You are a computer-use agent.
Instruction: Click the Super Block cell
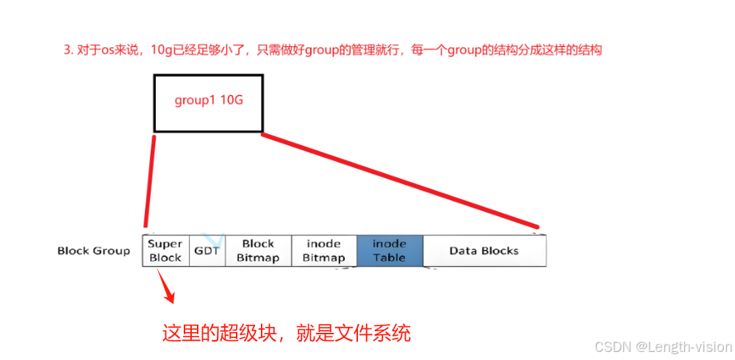click(x=165, y=251)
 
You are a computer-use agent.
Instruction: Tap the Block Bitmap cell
click(x=258, y=251)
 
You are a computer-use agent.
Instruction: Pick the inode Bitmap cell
click(x=324, y=251)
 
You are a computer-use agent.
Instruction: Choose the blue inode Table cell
click(x=390, y=251)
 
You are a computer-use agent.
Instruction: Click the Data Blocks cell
click(x=484, y=251)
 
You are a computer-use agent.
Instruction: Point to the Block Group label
click(x=93, y=251)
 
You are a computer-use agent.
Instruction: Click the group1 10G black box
click(x=208, y=103)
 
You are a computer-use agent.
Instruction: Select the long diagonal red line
click(x=401, y=181)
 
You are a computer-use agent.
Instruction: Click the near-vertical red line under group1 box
click(x=150, y=180)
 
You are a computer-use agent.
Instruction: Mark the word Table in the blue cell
click(x=390, y=257)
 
